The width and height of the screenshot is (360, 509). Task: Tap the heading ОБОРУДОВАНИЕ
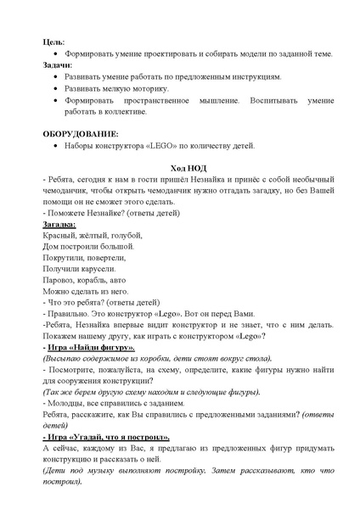81,133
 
